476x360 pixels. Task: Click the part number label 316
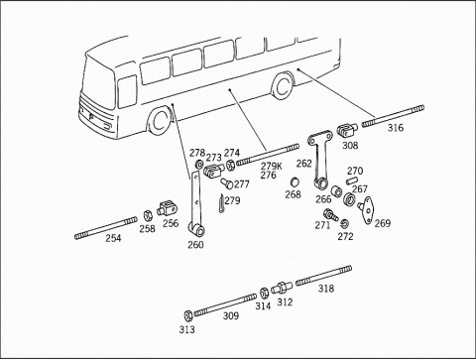pyautogui.click(x=396, y=128)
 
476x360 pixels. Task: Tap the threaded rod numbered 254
pyautogui.click(x=106, y=228)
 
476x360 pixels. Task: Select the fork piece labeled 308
pyautogui.click(x=347, y=130)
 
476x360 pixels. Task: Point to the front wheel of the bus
pyautogui.click(x=160, y=120)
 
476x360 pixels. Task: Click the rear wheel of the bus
pyautogui.click(x=283, y=86)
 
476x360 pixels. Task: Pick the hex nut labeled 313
pyautogui.click(x=187, y=315)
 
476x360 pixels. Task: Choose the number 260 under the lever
pyautogui.click(x=195, y=245)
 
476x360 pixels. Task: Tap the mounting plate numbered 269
pyautogui.click(x=366, y=210)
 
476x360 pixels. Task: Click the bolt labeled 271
pyautogui.click(x=330, y=215)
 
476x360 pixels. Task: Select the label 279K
pyautogui.click(x=272, y=167)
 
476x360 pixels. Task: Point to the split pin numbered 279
pyautogui.click(x=221, y=203)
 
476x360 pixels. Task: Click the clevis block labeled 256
pyautogui.click(x=168, y=208)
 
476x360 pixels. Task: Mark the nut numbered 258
pyautogui.click(x=147, y=215)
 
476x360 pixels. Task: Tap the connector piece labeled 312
pyautogui.click(x=282, y=288)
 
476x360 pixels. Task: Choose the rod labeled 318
pyautogui.click(x=323, y=276)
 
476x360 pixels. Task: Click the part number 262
pyautogui.click(x=303, y=164)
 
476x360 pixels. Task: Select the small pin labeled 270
pyautogui.click(x=352, y=181)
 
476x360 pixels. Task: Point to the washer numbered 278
pyautogui.click(x=199, y=164)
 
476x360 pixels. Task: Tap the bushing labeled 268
pyautogui.click(x=295, y=181)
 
